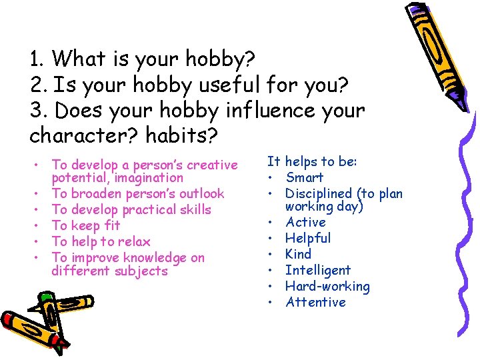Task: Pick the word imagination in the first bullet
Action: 150,178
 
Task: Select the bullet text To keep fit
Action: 86,225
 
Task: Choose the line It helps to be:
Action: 313,161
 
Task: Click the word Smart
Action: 305,177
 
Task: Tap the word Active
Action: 306,222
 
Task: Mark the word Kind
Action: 299,254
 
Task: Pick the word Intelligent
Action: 318,270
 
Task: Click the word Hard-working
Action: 327,286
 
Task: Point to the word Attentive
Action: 316,302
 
